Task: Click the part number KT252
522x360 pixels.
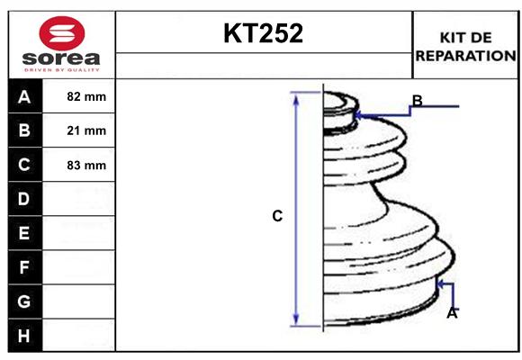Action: pos(264,34)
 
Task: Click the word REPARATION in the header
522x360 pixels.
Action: pos(465,56)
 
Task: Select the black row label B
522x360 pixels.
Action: pos(24,130)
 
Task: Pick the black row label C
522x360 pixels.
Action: pos(24,165)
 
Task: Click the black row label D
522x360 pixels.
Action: pos(24,199)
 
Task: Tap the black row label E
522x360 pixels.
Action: pos(24,233)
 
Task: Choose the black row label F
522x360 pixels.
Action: pos(24,267)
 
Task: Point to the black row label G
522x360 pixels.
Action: pos(24,301)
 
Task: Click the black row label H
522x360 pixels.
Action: pos(24,336)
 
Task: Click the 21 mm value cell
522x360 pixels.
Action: pos(86,130)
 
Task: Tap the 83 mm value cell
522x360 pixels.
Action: pos(86,165)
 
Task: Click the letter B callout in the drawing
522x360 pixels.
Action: pos(417,100)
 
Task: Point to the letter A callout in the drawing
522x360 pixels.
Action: pos(452,313)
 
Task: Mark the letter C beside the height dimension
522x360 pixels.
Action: pos(277,216)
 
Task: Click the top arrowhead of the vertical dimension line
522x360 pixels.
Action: pos(295,96)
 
